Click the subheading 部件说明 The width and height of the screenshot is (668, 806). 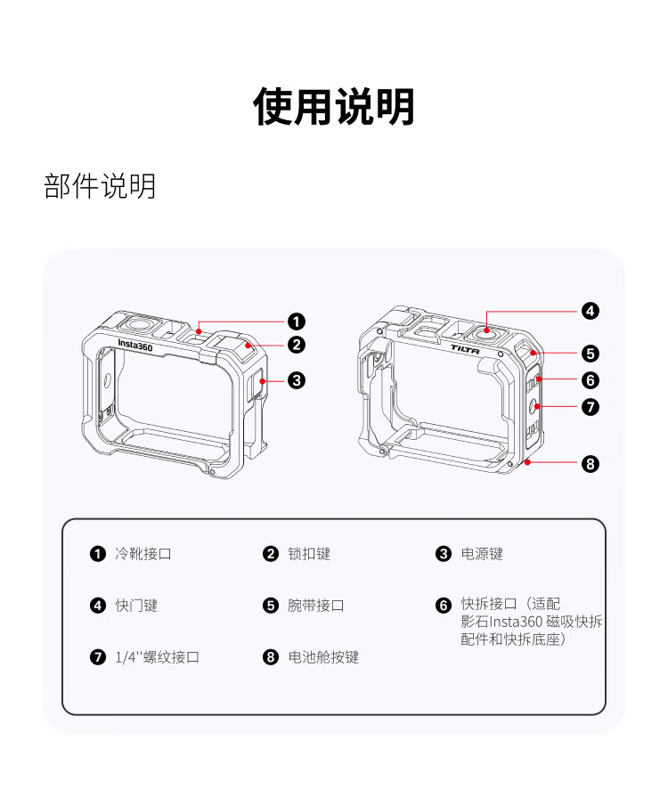click(x=100, y=186)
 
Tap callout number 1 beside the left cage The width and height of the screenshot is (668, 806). click(x=297, y=322)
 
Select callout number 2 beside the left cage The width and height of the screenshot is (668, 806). click(x=297, y=346)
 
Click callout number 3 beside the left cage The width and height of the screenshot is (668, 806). click(x=297, y=380)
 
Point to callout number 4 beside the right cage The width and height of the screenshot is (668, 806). click(x=590, y=311)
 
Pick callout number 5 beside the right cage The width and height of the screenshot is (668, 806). click(x=590, y=353)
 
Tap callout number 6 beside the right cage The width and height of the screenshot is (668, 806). click(x=590, y=380)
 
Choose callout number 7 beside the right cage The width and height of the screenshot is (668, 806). click(x=590, y=407)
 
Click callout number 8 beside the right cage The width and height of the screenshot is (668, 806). click(x=590, y=463)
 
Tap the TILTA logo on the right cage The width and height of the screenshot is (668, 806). click(x=464, y=350)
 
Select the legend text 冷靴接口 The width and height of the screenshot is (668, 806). click(x=143, y=554)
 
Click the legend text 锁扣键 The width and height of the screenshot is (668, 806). click(x=309, y=554)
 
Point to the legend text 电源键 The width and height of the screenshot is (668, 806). click(x=482, y=554)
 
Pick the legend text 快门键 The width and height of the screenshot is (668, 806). click(x=136, y=606)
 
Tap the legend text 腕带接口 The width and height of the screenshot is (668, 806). click(x=316, y=606)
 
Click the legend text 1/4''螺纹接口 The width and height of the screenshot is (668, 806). click(x=157, y=657)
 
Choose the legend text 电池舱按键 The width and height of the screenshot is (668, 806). click(x=323, y=657)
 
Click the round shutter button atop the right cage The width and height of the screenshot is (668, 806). click(x=488, y=330)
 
